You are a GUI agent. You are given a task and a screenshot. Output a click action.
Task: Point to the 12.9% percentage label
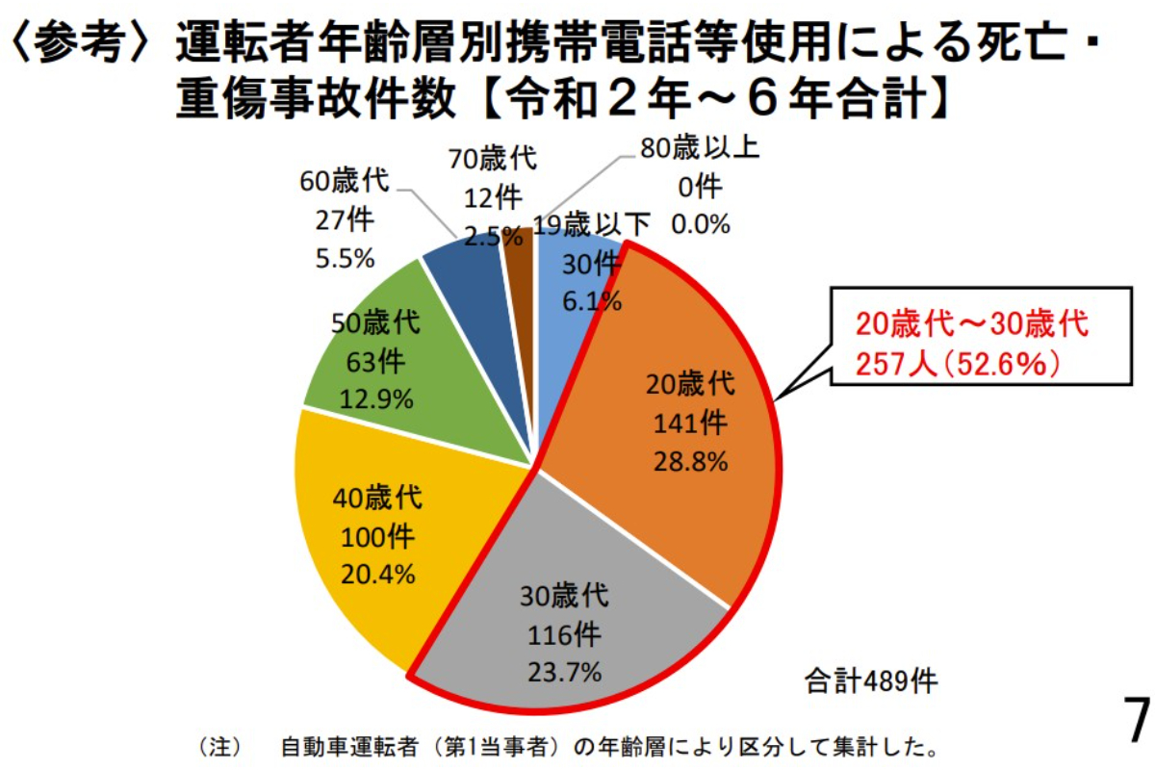pyautogui.click(x=374, y=398)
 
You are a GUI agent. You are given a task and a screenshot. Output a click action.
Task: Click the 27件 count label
pyautogui.click(x=344, y=220)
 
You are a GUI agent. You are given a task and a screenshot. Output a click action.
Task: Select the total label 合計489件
pyautogui.click(x=871, y=682)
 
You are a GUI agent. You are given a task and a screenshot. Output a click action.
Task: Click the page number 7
pyautogui.click(x=1137, y=719)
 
